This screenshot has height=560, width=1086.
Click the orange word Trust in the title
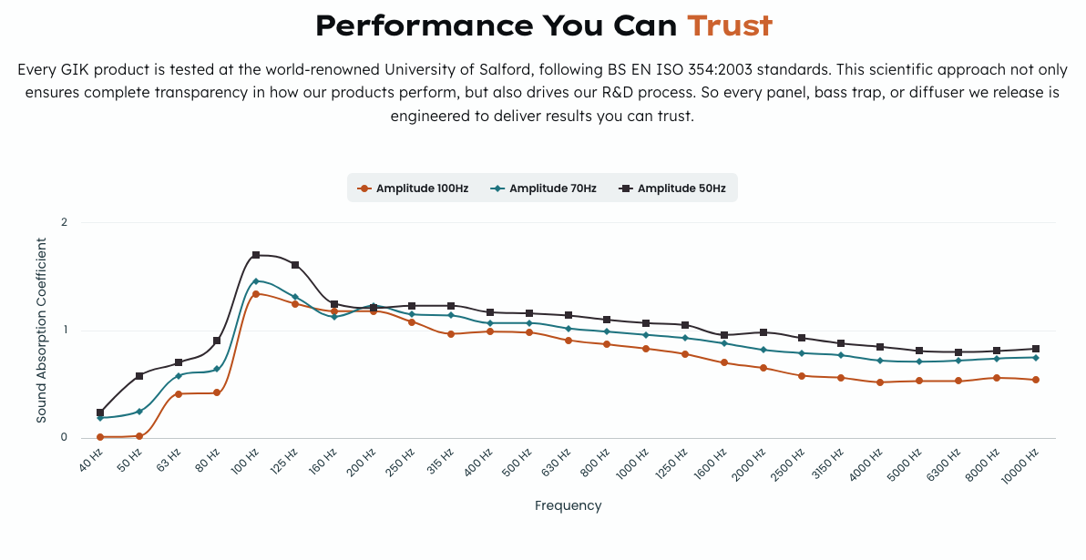[x=729, y=25]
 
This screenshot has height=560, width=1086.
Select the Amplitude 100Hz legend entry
[x=414, y=188]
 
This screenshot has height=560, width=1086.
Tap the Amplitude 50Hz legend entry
[x=672, y=188]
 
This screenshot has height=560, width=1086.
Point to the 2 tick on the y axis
[x=64, y=222]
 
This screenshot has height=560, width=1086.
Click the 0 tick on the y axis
[x=64, y=437]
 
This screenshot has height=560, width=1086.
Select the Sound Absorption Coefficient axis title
[x=42, y=330]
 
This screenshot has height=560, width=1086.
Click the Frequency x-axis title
[x=568, y=505]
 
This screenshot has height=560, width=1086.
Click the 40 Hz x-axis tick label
[x=92, y=460]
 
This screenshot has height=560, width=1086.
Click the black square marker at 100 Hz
[x=256, y=255]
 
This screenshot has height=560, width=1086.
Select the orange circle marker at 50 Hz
[x=139, y=436]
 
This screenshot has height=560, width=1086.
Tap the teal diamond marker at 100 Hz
[x=256, y=281]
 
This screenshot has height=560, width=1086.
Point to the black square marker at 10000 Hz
[x=1036, y=349]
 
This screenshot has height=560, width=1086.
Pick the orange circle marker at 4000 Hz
[x=879, y=382]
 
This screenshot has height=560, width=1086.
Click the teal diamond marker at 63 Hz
[x=179, y=375]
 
